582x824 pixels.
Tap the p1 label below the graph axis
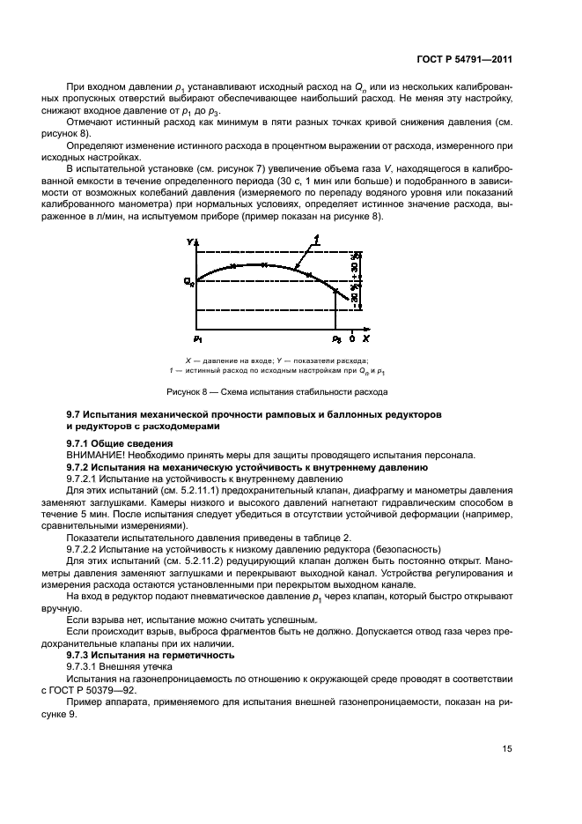(x=197, y=338)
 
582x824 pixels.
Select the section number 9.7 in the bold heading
(x=76, y=413)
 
